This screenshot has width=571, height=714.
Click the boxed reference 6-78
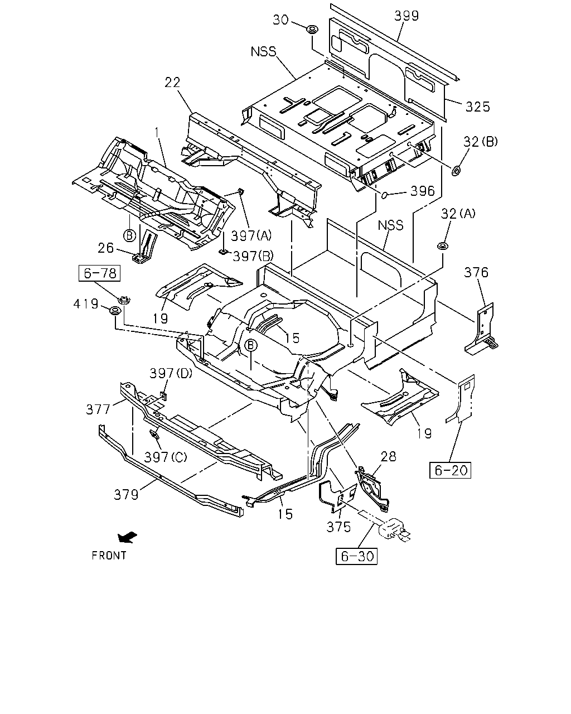coord(99,273)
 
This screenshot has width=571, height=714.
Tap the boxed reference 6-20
coord(450,470)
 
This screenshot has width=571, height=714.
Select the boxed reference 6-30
coord(357,556)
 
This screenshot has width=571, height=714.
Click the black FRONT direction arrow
coord(127,537)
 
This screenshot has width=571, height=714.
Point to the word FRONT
coord(109,556)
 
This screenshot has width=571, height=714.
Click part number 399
coord(407,16)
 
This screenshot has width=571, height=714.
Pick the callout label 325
coord(478,107)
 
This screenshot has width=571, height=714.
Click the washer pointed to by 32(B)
coord(457,171)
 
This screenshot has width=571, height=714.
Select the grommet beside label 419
coord(115,311)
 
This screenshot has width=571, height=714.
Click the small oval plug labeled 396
coord(384,195)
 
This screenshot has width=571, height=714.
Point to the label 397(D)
coord(171,373)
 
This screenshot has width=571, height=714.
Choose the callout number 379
coord(126,495)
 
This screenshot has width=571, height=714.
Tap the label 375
coord(338,527)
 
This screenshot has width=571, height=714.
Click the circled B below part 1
coord(129,235)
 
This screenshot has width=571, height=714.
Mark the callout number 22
coord(172,83)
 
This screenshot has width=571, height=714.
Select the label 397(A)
coord(251,236)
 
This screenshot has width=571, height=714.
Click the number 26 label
coord(105,248)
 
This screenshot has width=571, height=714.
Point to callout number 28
coord(389,456)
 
